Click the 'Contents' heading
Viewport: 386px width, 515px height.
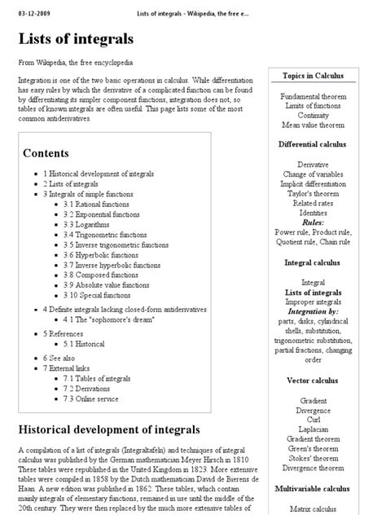[x=46, y=152]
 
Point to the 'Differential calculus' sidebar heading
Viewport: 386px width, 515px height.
[x=314, y=144]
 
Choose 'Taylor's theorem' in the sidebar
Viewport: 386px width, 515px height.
[x=314, y=193]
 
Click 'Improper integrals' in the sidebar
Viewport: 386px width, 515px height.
[x=314, y=302]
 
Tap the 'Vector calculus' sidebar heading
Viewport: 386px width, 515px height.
[x=314, y=380]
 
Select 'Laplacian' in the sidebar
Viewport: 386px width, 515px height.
[x=314, y=429]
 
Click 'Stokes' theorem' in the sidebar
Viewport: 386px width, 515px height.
[x=314, y=458]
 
